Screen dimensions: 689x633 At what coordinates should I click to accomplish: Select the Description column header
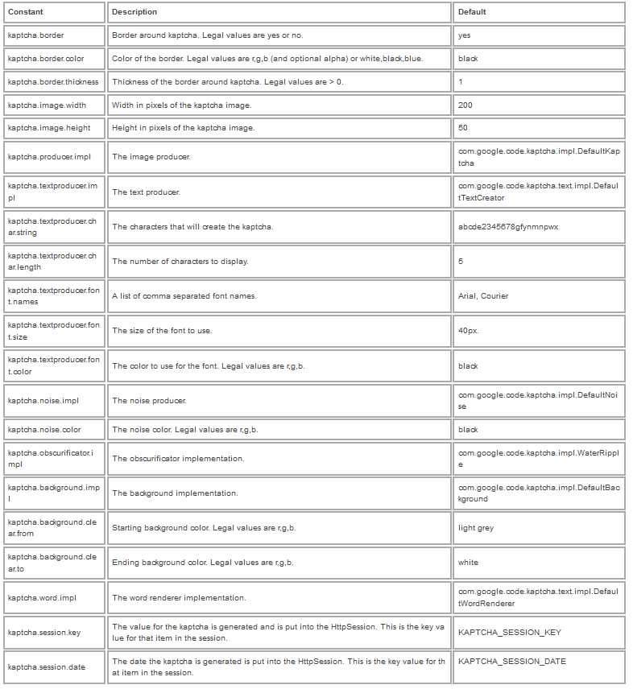134,12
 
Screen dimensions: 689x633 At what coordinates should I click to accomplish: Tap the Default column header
472,12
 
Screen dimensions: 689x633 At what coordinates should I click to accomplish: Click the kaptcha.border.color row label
46,59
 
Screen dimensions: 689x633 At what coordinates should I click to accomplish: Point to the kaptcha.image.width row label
47,105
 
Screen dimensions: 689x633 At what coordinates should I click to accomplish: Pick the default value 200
465,105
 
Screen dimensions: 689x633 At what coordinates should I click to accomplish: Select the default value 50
463,128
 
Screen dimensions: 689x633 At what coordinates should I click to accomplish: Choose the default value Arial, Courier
483,296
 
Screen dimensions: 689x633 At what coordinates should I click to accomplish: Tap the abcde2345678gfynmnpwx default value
508,227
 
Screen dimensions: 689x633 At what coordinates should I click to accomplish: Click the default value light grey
476,528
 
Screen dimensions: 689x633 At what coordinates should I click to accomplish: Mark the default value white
468,563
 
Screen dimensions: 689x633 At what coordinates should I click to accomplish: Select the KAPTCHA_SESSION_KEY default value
510,633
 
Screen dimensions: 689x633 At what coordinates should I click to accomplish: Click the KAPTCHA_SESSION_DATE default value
512,662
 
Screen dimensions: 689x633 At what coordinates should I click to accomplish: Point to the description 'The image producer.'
151,157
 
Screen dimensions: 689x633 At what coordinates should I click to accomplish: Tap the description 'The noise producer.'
150,401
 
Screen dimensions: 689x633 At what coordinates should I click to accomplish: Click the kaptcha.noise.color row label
44,430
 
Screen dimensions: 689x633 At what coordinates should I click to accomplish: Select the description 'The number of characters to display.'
180,262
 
